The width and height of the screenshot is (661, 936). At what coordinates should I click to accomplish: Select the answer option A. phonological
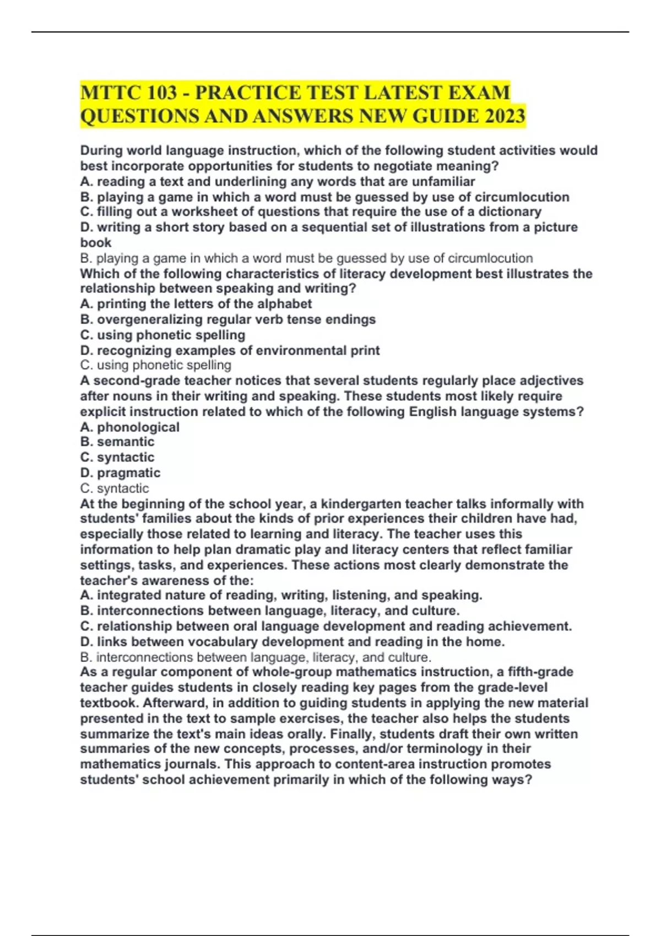[130, 427]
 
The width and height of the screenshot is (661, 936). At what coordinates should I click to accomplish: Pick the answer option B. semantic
[117, 442]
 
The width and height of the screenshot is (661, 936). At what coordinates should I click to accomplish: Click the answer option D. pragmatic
[120, 472]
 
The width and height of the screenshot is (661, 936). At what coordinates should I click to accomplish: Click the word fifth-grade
[540, 672]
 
